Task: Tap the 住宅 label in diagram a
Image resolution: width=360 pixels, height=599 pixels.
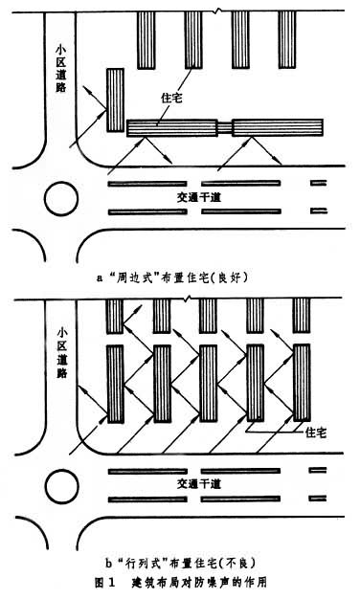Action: click(171, 98)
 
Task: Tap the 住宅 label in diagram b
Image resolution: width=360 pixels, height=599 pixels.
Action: click(316, 433)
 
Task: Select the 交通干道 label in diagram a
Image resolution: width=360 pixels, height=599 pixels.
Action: click(199, 197)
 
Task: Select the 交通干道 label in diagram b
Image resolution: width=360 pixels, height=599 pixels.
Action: click(199, 484)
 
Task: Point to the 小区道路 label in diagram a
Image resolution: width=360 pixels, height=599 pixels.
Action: click(61, 68)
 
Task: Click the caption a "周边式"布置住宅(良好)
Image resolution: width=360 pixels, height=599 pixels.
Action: click(172, 277)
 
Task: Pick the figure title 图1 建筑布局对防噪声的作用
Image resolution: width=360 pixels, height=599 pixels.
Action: click(180, 583)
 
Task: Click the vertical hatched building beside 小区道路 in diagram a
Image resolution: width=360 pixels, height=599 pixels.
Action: click(115, 100)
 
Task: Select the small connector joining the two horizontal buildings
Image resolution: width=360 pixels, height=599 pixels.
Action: click(225, 128)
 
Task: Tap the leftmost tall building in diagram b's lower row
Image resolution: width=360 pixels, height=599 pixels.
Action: click(115, 384)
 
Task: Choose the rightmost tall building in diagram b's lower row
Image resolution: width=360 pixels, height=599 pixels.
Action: click(302, 383)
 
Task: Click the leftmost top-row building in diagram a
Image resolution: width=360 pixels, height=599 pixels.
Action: click(146, 40)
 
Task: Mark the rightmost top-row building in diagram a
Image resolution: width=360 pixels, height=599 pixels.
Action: click(287, 40)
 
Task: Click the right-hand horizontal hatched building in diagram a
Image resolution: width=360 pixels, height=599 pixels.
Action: click(278, 128)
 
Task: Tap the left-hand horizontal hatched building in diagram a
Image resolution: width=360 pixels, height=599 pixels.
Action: click(172, 128)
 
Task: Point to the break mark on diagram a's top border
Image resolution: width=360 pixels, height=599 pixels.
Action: click(217, 11)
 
